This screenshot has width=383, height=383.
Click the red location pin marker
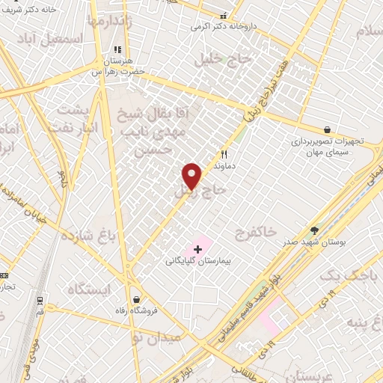(192, 175)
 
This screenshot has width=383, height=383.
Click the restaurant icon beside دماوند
(223, 153)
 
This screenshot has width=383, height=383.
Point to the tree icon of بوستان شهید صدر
(314, 232)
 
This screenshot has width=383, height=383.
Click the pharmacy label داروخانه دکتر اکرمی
(224, 26)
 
